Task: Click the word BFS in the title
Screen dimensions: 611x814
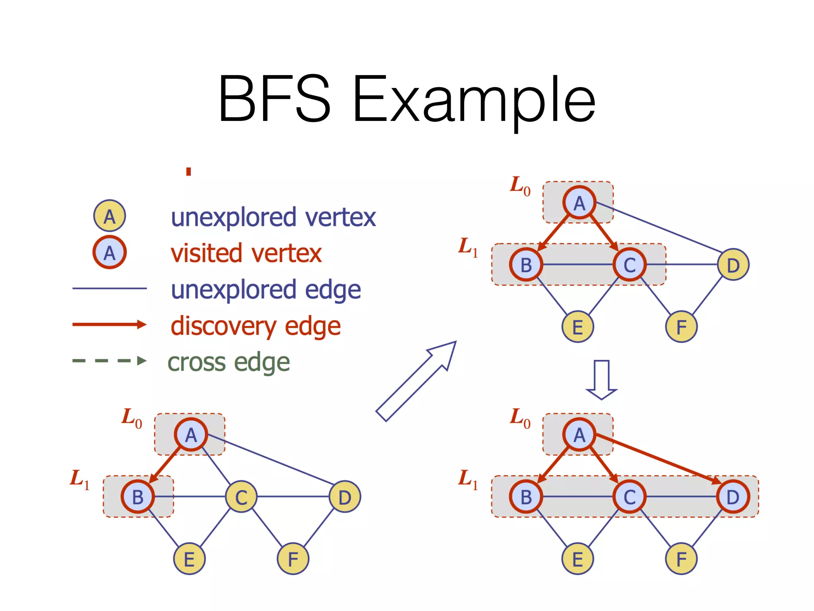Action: [274, 99]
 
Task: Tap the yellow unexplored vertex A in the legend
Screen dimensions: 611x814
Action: [110, 216]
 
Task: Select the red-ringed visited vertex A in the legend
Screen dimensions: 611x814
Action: [110, 252]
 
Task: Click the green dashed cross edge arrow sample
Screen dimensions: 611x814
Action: [109, 361]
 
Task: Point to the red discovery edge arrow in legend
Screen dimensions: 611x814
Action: [109, 325]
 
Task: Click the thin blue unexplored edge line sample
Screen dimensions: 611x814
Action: [109, 288]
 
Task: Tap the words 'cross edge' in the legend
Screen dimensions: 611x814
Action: [229, 362]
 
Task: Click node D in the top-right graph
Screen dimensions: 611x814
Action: [733, 265]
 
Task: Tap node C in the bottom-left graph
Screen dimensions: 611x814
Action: [241, 497]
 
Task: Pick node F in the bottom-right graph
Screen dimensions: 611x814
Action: [681, 559]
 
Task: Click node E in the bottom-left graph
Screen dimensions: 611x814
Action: [190, 559]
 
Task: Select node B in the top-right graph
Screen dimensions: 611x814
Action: [526, 265]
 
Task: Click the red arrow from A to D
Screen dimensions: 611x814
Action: [656, 458]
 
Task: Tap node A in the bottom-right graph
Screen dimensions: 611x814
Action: [579, 435]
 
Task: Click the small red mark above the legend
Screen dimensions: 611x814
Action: [189, 171]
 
